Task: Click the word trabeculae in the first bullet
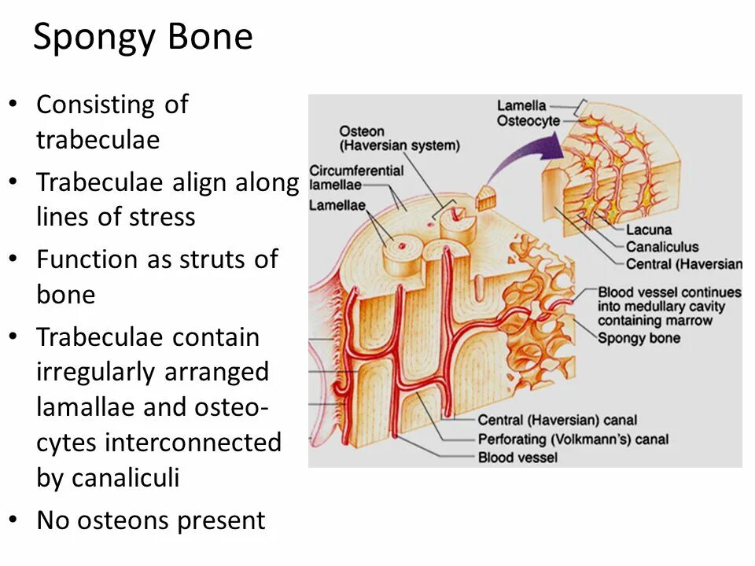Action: tap(98, 139)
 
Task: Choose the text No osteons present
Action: tap(150, 520)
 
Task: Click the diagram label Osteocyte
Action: tap(528, 120)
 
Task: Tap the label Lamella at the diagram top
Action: tap(522, 106)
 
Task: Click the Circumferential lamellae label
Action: tap(356, 177)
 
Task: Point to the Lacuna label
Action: tap(649, 230)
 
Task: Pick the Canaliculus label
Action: tap(662, 247)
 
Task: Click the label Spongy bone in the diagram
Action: tap(639, 338)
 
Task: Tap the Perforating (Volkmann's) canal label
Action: tap(573, 439)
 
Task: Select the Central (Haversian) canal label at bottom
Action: tap(557, 421)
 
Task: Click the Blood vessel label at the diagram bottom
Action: tap(517, 457)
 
